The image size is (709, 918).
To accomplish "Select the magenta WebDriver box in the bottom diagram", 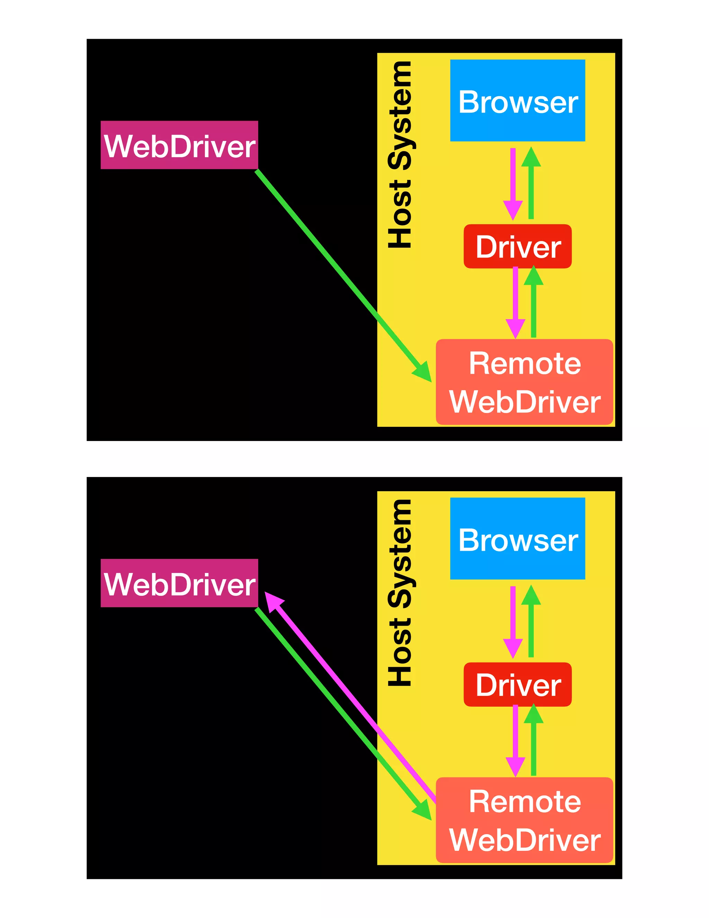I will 179,583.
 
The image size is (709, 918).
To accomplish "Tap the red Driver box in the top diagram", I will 517,246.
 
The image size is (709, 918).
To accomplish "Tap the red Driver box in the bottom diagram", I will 517,684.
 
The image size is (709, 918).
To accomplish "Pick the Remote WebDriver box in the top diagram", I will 524,382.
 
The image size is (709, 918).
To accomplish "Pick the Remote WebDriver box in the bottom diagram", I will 524,820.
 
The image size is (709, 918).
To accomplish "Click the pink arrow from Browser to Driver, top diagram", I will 513,181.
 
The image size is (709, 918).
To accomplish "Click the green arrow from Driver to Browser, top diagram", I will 531,185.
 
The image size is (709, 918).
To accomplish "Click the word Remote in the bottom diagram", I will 524,801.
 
